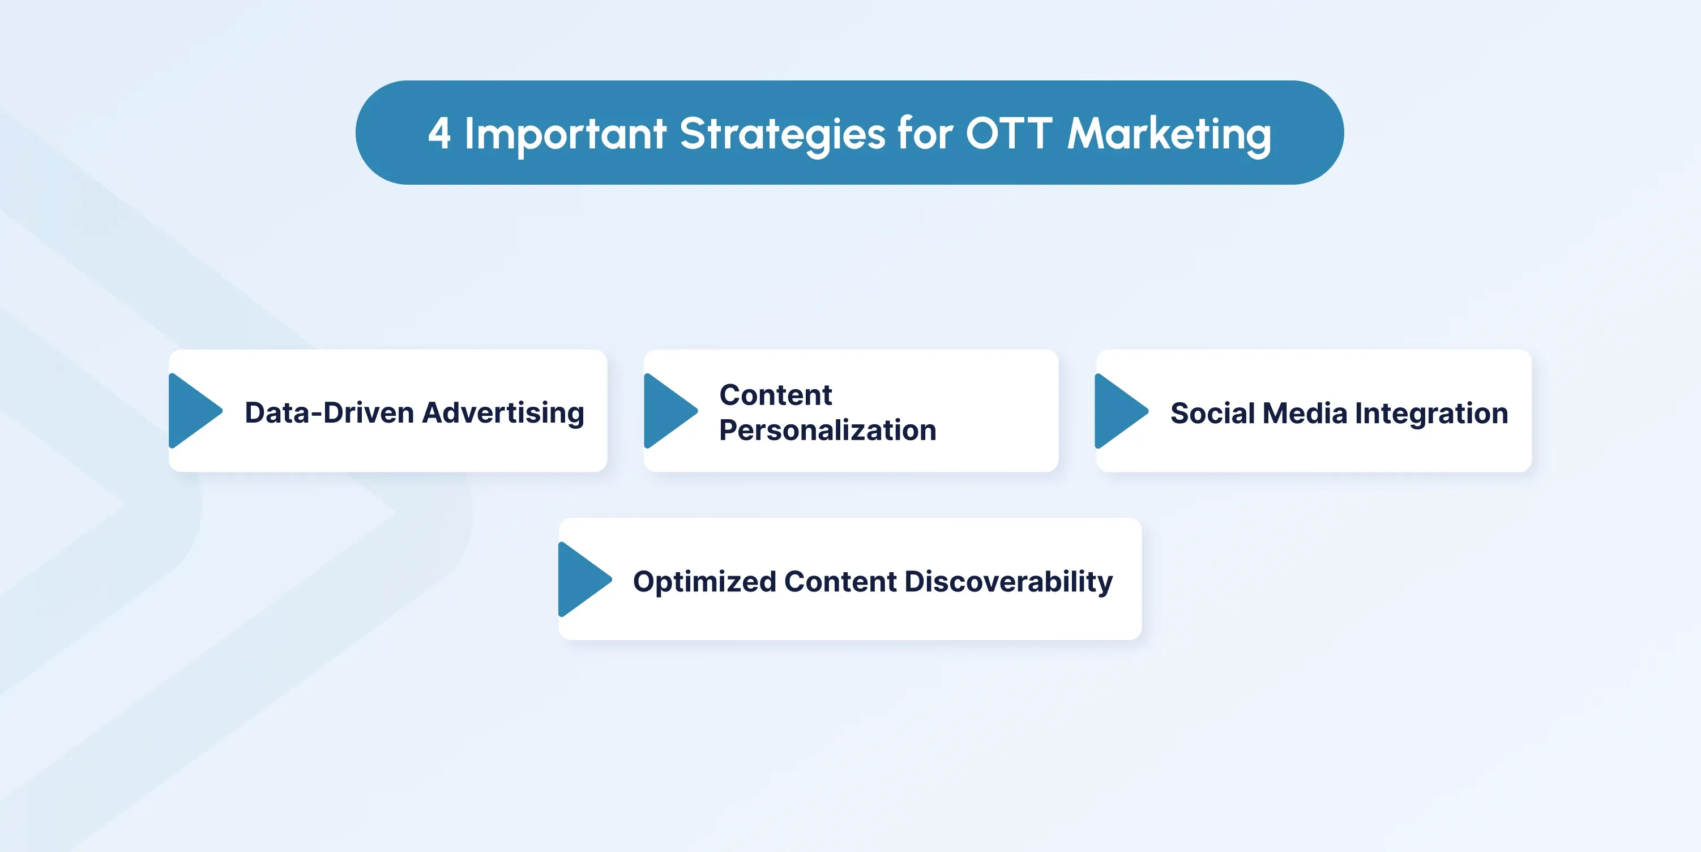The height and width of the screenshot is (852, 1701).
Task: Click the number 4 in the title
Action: point(439,133)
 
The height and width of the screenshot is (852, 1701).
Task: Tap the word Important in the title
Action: point(565,135)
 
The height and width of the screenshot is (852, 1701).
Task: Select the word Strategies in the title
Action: point(783,135)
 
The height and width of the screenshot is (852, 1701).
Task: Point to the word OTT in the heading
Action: point(1009,133)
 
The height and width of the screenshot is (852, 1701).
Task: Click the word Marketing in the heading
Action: point(1169,135)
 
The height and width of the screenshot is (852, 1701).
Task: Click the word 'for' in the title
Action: point(925,132)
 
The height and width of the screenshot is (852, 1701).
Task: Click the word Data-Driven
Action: point(330,412)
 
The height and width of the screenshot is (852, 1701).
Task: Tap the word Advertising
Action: point(503,414)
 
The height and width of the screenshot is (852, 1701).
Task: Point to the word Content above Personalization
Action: point(776,395)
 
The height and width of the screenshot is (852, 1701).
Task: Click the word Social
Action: point(1212,413)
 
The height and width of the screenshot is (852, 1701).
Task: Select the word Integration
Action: point(1431,414)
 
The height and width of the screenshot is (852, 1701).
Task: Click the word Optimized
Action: point(704,582)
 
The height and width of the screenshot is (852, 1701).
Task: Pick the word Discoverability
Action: point(1008,582)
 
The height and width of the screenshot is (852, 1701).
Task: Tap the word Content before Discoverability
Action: point(841,581)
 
